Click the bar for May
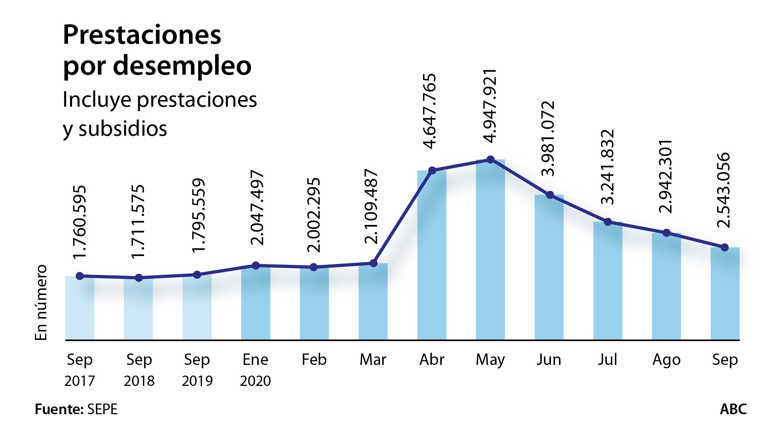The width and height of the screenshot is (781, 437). [490, 250]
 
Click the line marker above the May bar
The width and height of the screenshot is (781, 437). [490, 160]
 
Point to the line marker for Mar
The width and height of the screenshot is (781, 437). [373, 263]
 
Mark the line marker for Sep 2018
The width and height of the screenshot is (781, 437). [139, 278]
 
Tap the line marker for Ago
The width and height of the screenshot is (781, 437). [666, 233]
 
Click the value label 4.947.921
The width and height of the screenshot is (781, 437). [490, 106]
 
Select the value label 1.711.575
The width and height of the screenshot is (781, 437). [138, 221]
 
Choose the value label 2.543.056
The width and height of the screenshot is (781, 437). [724, 190]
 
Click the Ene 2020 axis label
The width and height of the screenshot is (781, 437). [255, 370]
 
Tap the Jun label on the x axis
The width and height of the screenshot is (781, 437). [549, 359]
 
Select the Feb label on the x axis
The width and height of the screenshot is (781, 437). [314, 359]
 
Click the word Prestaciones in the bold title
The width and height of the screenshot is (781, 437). [142, 35]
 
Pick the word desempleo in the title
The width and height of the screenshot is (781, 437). [182, 66]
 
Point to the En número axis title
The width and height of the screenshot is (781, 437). [41, 302]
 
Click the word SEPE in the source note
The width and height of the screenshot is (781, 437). [102, 409]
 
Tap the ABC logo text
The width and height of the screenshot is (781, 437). [733, 409]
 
